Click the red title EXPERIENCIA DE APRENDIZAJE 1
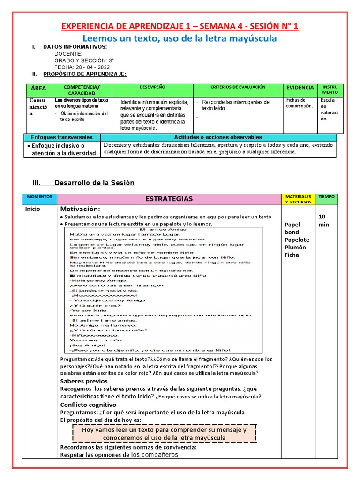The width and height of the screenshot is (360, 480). (x=180, y=26)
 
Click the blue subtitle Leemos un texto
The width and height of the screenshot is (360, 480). (x=180, y=38)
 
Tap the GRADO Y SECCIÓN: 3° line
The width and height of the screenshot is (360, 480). (x=84, y=60)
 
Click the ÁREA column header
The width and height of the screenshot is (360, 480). (x=38, y=88)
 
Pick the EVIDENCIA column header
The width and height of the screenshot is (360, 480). (x=300, y=88)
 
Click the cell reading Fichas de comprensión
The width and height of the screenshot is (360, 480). (x=300, y=103)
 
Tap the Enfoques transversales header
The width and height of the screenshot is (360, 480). (x=62, y=137)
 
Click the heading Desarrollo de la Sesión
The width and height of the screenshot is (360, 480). (x=94, y=183)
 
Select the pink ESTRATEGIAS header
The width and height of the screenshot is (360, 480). (x=169, y=199)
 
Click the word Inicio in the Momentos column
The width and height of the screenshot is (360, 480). (x=33, y=209)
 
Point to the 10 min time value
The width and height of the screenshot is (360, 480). (x=324, y=220)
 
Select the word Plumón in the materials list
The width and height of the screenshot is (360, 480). (x=295, y=247)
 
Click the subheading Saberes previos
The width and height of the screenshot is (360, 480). (x=84, y=381)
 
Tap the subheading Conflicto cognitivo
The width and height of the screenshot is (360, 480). (x=88, y=405)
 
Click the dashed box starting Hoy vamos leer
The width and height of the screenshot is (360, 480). (x=164, y=434)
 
